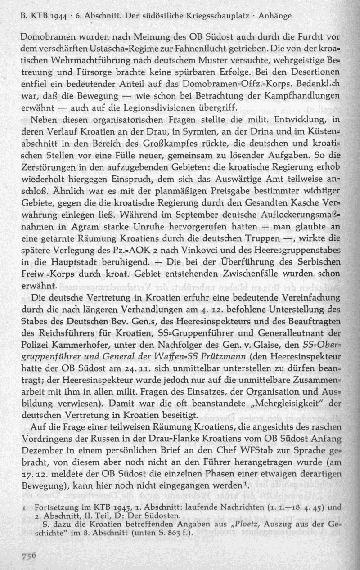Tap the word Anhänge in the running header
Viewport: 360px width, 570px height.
(x=274, y=16)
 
